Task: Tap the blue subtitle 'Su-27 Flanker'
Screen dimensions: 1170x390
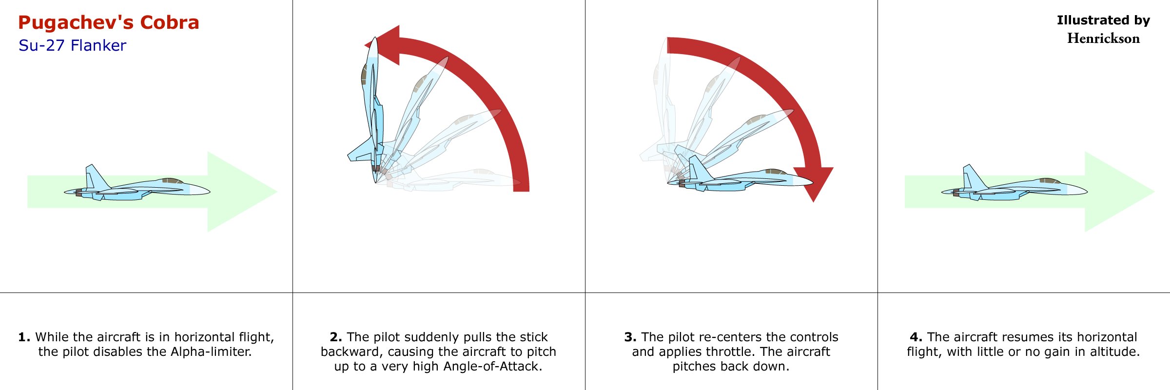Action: [x=72, y=45]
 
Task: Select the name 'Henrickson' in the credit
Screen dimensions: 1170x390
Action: [x=1104, y=39]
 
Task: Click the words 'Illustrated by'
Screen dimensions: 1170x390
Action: [x=1104, y=20]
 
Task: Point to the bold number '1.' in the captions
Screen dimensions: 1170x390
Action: [x=24, y=337]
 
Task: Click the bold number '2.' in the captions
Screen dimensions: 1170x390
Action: [x=336, y=337]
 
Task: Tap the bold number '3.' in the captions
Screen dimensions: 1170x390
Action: [x=630, y=337]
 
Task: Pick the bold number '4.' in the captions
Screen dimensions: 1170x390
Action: [x=916, y=337]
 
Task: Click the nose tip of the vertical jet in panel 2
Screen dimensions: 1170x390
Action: [x=374, y=38]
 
